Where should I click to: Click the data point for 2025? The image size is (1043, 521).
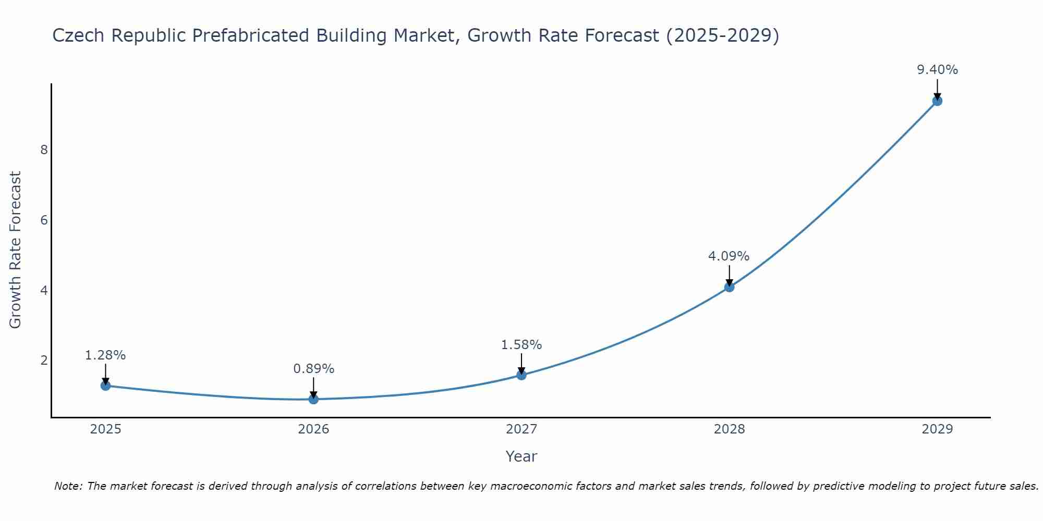105,386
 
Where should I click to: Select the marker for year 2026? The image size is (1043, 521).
313,399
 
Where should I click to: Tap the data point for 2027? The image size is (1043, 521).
521,375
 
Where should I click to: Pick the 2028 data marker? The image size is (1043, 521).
729,287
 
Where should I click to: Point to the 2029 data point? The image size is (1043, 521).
937,101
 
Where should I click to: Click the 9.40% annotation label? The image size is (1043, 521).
937,70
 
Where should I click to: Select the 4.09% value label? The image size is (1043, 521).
729,256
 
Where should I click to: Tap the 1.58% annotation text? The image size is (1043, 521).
521,345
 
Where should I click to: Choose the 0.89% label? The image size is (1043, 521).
313,369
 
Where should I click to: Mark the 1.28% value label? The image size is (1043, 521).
105,355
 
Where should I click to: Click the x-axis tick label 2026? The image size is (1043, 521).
313,429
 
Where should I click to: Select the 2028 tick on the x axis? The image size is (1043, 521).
729,429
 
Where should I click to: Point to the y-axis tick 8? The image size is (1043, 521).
44,150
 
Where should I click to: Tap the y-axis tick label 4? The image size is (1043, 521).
44,290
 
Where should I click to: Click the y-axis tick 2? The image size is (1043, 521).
44,361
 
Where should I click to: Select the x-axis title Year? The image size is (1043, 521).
521,456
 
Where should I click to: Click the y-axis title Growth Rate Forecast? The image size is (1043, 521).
16,250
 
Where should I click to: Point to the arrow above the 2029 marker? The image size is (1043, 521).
937,88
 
